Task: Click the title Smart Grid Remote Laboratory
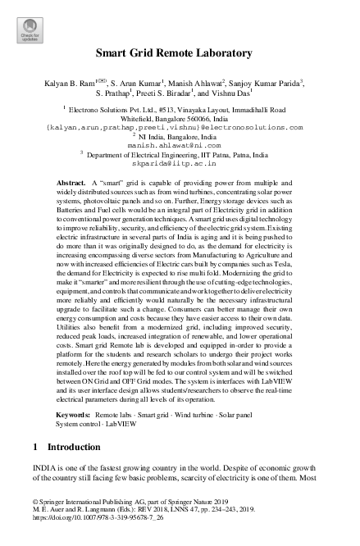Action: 180,53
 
